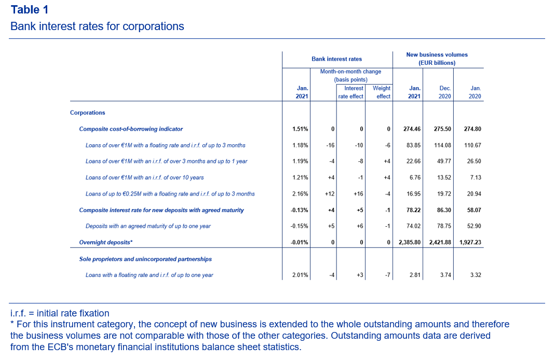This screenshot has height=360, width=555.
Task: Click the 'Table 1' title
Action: [30, 10]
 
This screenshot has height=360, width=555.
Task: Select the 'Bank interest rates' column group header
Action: [336, 59]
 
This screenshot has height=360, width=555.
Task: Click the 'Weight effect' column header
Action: [382, 92]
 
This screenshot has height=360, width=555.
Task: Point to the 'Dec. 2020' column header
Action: [444, 92]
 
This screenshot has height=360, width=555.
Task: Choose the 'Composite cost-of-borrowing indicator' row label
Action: [131, 129]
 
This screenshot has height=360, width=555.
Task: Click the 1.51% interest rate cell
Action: [300, 129]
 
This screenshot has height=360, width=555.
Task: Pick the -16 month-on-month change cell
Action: [330, 145]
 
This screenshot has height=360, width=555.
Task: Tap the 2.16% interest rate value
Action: [300, 194]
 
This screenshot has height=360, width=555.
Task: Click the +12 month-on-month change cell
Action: [330, 194]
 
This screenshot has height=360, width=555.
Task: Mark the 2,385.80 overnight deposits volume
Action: [409, 242]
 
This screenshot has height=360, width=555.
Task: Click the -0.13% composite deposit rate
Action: [299, 210]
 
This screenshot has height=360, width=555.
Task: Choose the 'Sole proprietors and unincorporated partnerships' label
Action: [145, 259]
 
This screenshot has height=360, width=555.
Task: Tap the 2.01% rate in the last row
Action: [300, 275]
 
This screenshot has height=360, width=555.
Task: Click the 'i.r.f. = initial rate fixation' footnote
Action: [60, 313]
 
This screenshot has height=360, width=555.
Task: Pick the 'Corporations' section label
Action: [88, 113]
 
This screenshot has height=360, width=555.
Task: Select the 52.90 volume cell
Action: [474, 226]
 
